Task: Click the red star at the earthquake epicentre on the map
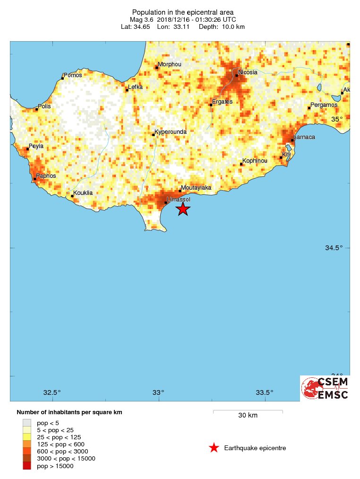[x=183, y=209]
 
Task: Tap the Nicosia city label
[x=248, y=72]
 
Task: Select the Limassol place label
[x=179, y=200]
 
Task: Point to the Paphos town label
[x=46, y=176]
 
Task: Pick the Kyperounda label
[x=171, y=132]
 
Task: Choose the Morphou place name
[x=169, y=64]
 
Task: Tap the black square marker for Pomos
[x=62, y=78]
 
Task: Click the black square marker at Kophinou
[x=241, y=164]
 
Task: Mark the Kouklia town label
[x=83, y=193]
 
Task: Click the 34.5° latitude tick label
[x=334, y=248]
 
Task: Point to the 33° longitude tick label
[x=158, y=392]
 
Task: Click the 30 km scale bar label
[x=248, y=416]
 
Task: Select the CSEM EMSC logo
[x=325, y=388]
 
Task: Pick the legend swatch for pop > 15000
[x=27, y=466]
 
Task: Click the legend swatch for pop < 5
[x=27, y=423]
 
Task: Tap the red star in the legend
[x=214, y=448]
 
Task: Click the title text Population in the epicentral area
[x=182, y=12]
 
